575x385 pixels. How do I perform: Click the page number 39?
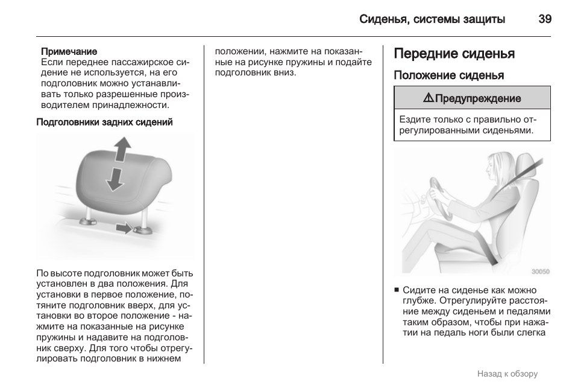coord(544,19)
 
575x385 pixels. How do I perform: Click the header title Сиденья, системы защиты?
coord(432,19)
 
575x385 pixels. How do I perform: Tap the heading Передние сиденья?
coord(454,54)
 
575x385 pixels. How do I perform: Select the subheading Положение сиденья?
coord(448,75)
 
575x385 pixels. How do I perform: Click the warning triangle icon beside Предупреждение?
coord(428,98)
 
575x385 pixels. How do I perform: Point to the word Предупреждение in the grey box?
coord(478,98)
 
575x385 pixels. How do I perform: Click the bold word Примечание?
coord(69,52)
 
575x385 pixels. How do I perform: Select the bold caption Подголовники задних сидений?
coord(105,122)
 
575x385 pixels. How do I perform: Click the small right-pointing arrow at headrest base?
coord(124,228)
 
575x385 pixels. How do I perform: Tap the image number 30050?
coord(539,272)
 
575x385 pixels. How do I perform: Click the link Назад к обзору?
coord(507,374)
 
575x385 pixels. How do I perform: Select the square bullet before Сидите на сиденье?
coord(397,290)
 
